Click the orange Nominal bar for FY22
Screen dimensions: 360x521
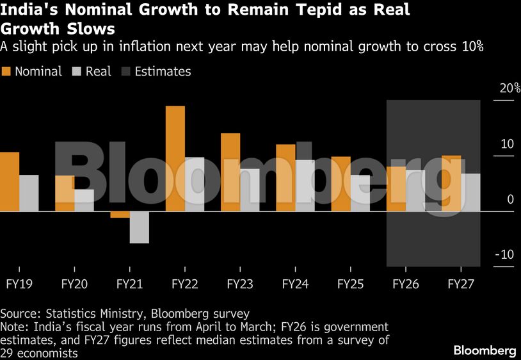pos(175,159)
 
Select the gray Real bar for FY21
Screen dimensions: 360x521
pos(139,227)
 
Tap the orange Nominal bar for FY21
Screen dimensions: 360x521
pos(120,215)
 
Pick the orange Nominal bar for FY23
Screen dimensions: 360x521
pos(230,172)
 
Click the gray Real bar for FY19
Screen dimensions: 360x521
pos(29,193)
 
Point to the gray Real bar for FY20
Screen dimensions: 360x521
pos(84,200)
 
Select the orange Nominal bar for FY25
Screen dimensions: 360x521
pos(341,184)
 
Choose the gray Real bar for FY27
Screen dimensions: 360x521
pos(470,192)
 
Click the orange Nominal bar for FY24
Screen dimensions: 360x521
pos(285,178)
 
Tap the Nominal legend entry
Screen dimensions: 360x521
pos(32,72)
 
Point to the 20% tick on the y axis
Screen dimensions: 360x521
pos(506,88)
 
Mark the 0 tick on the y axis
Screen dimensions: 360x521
pos(510,199)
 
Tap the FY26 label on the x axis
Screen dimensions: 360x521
pos(405,284)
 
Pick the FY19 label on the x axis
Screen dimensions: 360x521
pos(19,284)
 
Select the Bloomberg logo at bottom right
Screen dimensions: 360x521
pos(485,350)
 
